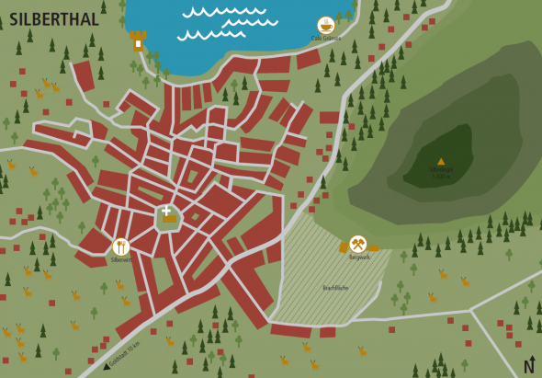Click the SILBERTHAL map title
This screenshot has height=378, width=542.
point(54,19)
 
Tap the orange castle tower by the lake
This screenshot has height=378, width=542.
point(138,40)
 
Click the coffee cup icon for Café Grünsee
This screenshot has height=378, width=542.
point(325,25)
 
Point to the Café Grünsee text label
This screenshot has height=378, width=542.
point(325,39)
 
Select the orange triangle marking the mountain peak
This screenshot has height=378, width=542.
point(441,161)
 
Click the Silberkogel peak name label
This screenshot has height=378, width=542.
point(441,169)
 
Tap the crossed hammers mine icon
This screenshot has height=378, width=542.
point(358,244)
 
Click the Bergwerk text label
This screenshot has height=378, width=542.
point(360,258)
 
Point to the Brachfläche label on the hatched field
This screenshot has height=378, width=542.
point(335,288)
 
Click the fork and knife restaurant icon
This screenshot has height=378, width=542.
point(120,246)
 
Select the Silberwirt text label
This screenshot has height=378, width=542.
point(121,259)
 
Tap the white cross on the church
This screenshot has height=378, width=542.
point(166,211)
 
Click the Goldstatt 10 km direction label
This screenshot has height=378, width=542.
point(125,353)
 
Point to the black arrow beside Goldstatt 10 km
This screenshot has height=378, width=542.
point(107,366)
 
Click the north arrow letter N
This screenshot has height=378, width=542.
point(528,367)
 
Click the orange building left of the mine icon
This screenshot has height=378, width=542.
point(344,246)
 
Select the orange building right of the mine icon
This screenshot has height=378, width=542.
point(374,247)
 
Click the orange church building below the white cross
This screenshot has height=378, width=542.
point(169,219)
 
